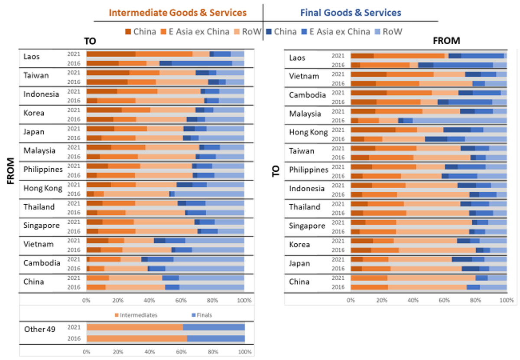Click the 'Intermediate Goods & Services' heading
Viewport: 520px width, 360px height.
point(177,13)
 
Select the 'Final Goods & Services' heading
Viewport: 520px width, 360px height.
point(351,13)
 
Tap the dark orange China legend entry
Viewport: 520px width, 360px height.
point(140,32)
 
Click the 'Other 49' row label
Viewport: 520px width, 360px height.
point(40,329)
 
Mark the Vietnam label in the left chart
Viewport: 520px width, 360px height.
point(39,244)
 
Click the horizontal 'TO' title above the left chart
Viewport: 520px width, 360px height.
point(90,41)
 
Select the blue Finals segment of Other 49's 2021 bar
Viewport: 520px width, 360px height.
point(214,327)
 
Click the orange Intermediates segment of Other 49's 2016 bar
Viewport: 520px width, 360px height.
point(136,338)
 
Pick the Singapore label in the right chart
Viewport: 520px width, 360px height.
point(307,226)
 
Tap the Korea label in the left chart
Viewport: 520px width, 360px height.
point(34,113)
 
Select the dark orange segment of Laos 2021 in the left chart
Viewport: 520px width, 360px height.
point(111,54)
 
